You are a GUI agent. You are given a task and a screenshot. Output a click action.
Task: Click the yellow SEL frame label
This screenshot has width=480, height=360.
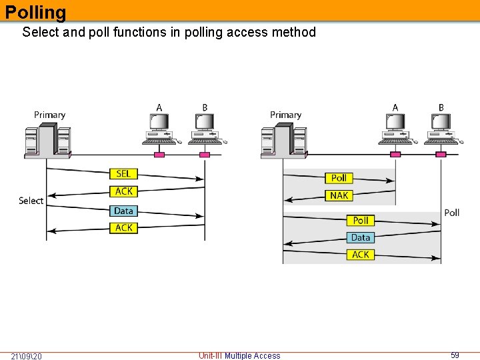pos(123,174)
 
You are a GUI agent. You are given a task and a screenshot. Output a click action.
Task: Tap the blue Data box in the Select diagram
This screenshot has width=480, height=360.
pos(123,211)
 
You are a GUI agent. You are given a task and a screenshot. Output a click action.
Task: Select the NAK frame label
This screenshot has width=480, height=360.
pos(339,195)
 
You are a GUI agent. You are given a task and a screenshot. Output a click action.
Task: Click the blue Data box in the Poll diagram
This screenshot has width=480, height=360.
pos(360,237)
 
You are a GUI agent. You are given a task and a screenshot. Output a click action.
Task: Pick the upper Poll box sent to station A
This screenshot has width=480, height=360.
pos(339,178)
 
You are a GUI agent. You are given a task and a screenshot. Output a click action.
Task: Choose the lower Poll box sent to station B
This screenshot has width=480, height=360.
pos(360,220)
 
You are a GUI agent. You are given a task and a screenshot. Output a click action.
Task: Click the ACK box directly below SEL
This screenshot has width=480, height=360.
pos(123,191)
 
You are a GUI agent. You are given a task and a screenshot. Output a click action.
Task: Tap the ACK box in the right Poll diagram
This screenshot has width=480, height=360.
pos(360,255)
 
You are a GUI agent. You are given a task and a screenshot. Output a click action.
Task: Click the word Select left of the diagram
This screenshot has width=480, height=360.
pos(31,201)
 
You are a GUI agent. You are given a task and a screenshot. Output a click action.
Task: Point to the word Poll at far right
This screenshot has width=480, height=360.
pos(451,213)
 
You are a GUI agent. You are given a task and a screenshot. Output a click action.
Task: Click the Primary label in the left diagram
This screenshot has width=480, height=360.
pos(49,115)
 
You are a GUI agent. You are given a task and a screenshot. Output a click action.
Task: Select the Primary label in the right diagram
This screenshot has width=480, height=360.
pos(285,115)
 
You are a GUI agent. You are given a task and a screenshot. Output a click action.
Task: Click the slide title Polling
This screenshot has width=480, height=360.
pos(36,12)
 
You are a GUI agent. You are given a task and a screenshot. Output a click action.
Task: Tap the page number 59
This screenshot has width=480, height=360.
pos(455,355)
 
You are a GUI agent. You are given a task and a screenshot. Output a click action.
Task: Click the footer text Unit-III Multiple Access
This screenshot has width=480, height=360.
pos(239,356)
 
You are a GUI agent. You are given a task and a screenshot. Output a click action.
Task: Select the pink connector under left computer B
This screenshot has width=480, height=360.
pos(205,155)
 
